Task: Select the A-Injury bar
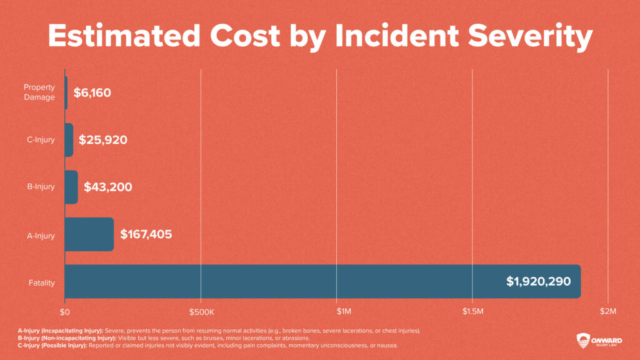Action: click(x=89, y=234)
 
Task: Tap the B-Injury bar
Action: click(x=71, y=187)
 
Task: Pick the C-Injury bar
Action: click(x=69, y=140)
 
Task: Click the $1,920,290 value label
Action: click(x=538, y=282)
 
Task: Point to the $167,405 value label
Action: click(x=146, y=235)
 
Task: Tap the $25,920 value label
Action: click(x=103, y=140)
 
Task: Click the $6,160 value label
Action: click(x=92, y=93)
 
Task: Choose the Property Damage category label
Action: click(x=39, y=92)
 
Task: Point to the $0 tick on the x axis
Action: click(x=65, y=311)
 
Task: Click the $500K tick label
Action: click(x=201, y=311)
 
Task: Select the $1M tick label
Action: click(x=336, y=311)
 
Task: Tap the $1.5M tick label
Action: click(x=472, y=311)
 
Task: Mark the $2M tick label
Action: click(x=607, y=311)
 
